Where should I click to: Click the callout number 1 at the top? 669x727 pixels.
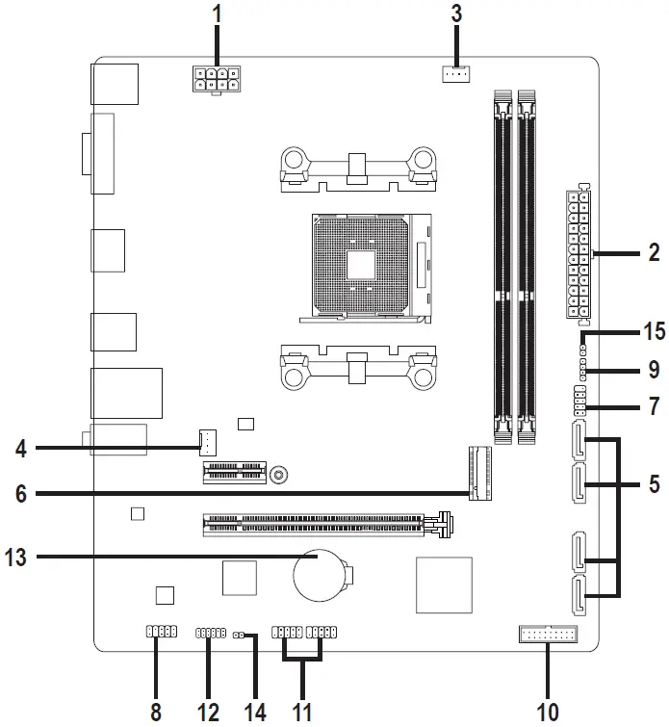[x=217, y=14]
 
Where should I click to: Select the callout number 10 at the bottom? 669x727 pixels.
[x=548, y=712]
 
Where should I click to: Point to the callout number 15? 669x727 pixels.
[x=653, y=332]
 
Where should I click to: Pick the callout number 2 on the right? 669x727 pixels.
[x=654, y=253]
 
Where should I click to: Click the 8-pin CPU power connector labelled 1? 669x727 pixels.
[x=216, y=82]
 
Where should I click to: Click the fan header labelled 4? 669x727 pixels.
[x=205, y=443]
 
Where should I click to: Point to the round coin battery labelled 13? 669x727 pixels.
[x=319, y=576]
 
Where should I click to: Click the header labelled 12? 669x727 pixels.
[x=210, y=633]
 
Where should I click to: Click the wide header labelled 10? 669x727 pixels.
[x=546, y=634]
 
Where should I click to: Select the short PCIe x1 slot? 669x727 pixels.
[x=232, y=473]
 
